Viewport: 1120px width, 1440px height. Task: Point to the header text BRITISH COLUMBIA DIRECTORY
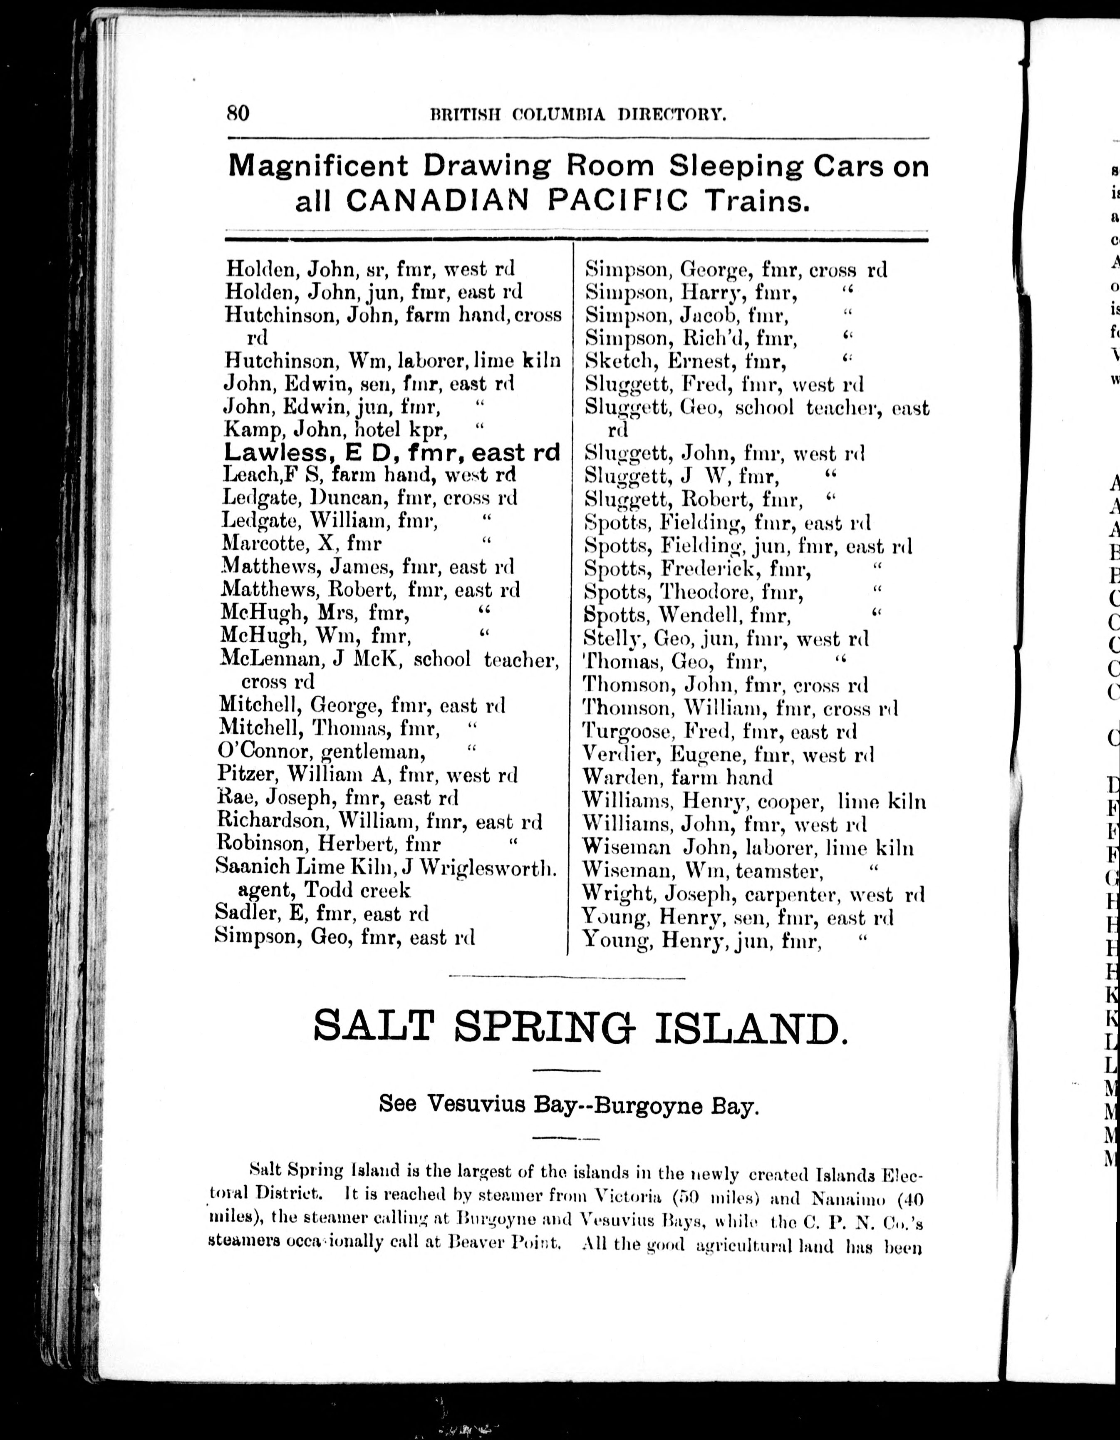tap(578, 115)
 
